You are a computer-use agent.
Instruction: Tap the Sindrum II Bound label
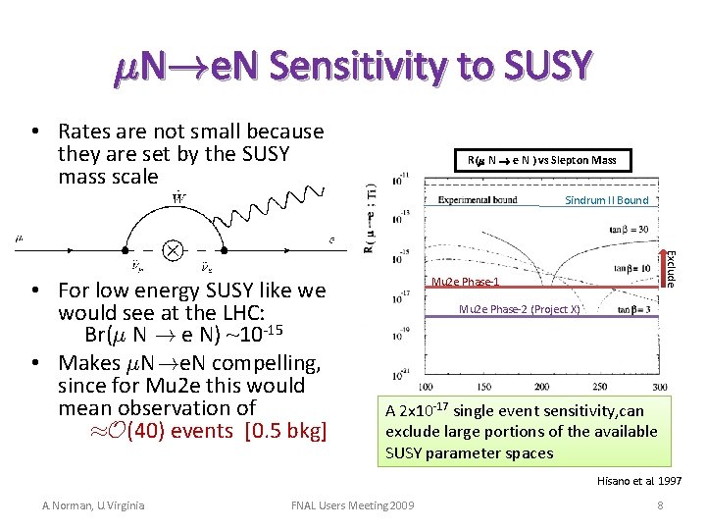click(x=605, y=200)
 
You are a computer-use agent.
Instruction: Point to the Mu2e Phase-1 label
click(x=467, y=283)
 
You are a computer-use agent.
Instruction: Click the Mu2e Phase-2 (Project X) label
click(x=520, y=309)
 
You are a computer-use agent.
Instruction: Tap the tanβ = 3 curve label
click(x=635, y=310)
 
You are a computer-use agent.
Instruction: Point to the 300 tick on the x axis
click(x=659, y=386)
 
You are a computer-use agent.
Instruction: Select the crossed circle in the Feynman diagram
click(x=173, y=249)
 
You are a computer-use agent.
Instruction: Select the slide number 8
click(x=661, y=505)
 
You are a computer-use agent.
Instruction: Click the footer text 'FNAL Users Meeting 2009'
click(x=353, y=505)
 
